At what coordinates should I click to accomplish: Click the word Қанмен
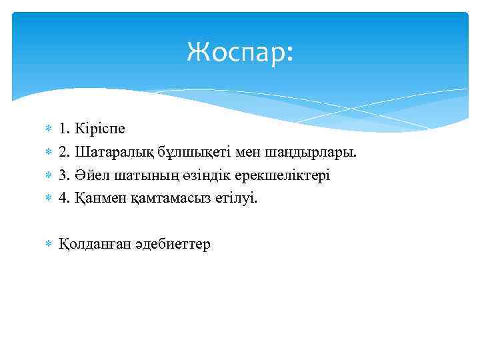click(99, 197)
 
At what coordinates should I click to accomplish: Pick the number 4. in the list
click(65, 197)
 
